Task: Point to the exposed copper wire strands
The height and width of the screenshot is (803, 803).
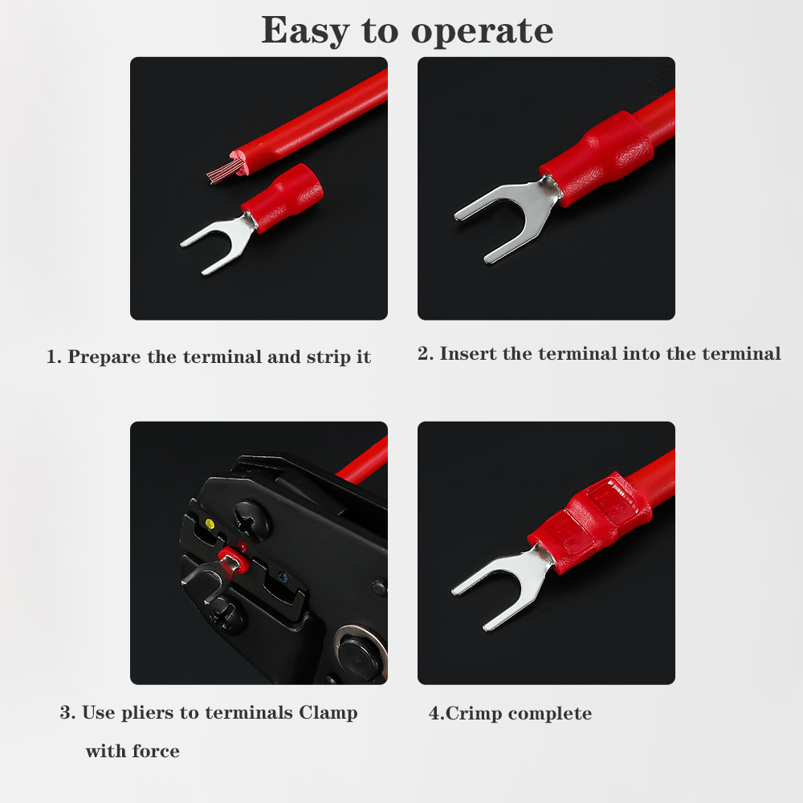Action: click(x=224, y=170)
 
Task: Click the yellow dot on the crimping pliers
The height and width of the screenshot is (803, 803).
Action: click(x=209, y=524)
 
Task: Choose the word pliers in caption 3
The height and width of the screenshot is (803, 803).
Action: click(x=148, y=713)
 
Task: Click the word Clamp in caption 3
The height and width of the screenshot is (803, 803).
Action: click(x=328, y=713)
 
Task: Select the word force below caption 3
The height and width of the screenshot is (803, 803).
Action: click(x=156, y=752)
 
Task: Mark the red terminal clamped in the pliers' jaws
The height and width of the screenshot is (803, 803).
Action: click(x=234, y=560)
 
